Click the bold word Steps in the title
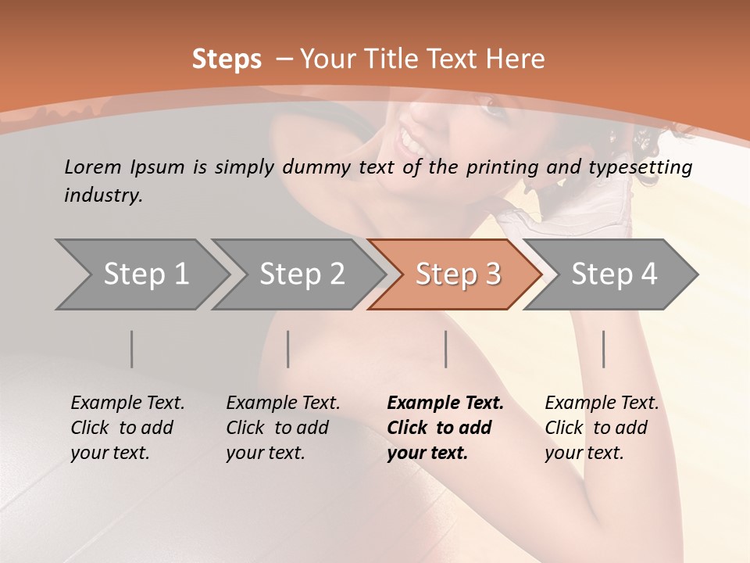tap(227, 59)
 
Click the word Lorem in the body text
tap(93, 167)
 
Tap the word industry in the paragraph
tap(103, 195)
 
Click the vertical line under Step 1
tap(132, 349)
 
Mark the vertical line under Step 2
tap(288, 349)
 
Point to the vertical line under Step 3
tap(445, 349)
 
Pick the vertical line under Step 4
tap(603, 349)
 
